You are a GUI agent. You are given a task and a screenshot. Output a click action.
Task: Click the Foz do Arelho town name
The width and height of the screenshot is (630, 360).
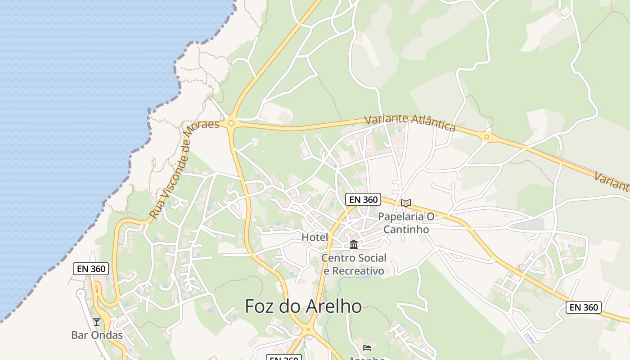click(303, 306)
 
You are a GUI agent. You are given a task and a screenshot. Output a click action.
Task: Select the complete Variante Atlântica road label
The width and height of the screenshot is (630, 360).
click(410, 122)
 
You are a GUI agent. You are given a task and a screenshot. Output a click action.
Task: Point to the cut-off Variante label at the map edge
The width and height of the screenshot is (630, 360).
click(612, 180)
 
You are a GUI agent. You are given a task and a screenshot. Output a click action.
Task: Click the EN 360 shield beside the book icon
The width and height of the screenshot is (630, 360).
click(363, 199)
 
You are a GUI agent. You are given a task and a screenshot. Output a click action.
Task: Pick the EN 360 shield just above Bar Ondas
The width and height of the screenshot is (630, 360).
click(91, 269)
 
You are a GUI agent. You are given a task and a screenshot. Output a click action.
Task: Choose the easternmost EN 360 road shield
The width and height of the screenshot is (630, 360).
click(584, 307)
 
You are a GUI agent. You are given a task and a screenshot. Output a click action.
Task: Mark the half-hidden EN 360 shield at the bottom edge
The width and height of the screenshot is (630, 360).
click(283, 358)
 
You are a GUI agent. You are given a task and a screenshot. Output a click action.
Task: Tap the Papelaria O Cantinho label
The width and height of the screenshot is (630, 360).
click(406, 223)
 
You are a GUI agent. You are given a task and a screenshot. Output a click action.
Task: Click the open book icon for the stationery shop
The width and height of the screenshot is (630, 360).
click(406, 203)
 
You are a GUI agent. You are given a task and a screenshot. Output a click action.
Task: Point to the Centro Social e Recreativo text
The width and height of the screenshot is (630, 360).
click(354, 264)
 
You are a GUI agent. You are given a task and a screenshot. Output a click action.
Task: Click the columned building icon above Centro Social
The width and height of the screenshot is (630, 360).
click(354, 245)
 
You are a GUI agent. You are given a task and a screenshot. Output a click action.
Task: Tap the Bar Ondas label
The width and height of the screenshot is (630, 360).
click(97, 335)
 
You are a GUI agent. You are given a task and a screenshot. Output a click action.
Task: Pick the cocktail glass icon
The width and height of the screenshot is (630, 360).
click(97, 322)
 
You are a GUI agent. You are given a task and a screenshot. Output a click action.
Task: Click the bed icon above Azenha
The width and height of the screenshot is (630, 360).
click(367, 347)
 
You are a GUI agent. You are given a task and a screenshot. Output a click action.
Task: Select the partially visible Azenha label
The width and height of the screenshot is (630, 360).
click(367, 358)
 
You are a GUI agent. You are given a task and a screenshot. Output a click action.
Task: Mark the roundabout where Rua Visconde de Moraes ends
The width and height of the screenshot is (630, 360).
click(231, 122)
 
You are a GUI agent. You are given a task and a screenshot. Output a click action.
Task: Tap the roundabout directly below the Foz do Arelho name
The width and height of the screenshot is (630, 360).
click(308, 329)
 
